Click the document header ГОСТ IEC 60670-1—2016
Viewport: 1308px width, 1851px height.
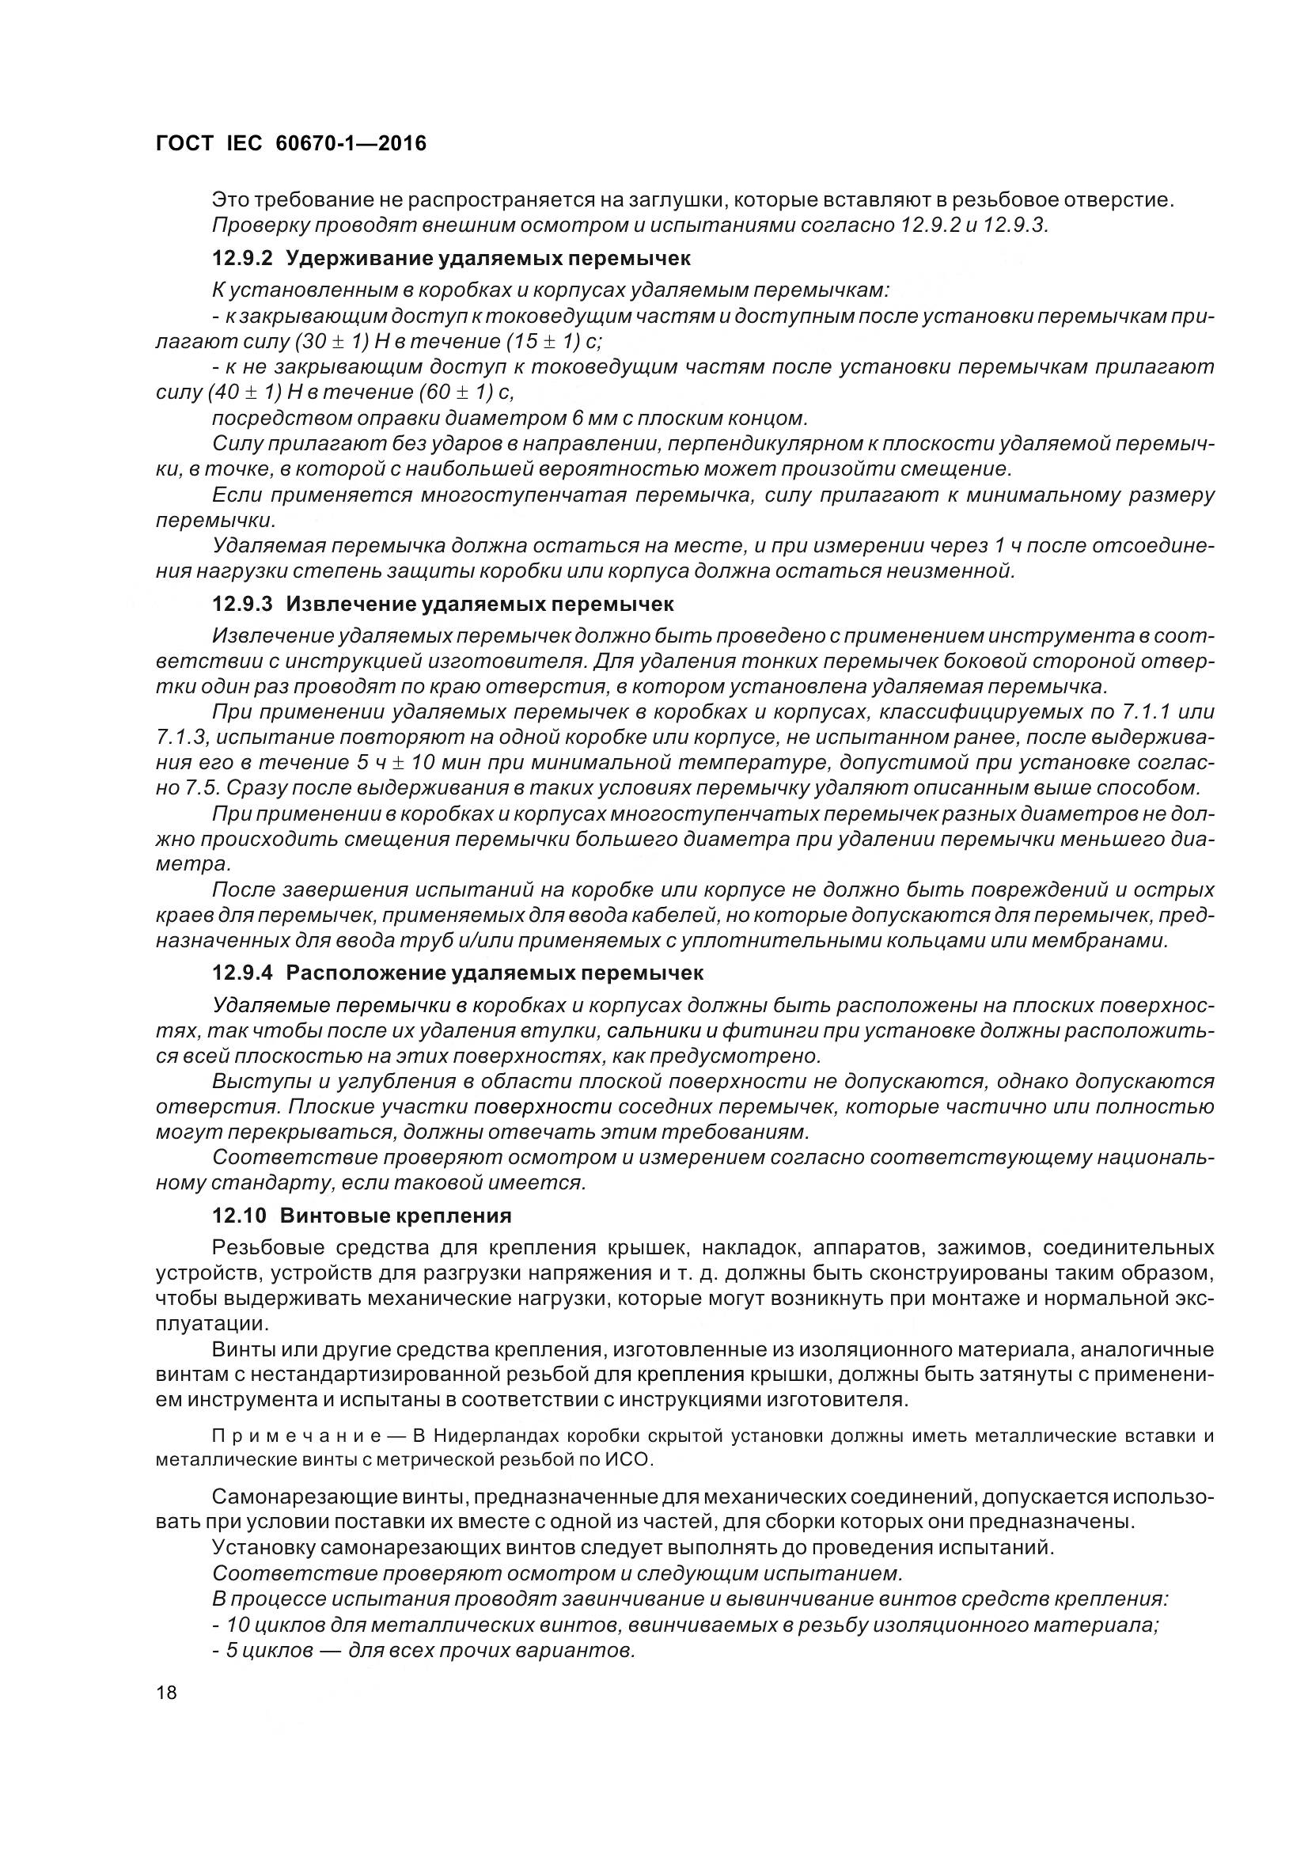[x=290, y=144]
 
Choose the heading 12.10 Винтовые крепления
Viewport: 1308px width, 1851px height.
[x=362, y=1215]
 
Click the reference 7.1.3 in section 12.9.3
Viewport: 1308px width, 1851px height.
[x=180, y=737]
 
